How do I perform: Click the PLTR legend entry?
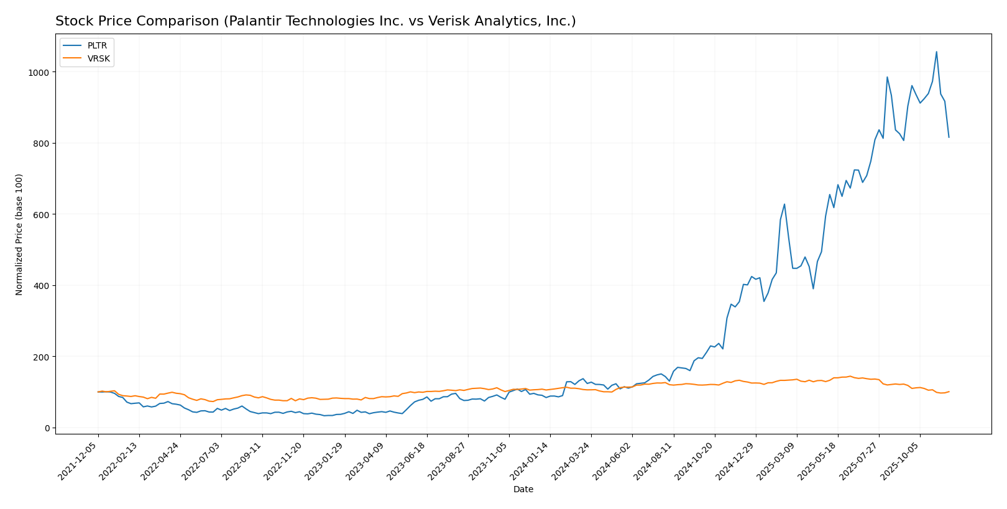(97, 46)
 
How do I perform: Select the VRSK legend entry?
(98, 58)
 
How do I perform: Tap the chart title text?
(315, 21)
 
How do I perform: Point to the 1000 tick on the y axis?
(39, 72)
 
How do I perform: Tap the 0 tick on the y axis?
(47, 428)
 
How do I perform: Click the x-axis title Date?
(523, 490)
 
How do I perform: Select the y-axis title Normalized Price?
(19, 234)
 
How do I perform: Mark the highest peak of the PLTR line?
(936, 52)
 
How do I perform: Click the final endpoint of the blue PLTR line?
(949, 137)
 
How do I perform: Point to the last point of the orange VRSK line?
(949, 392)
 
